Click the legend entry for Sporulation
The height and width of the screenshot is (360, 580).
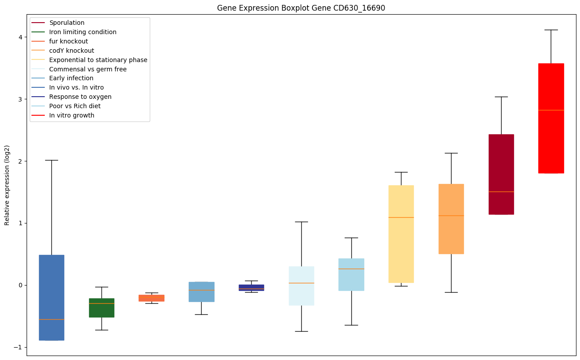pyautogui.click(x=67, y=23)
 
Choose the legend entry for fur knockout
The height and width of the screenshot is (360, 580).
pyautogui.click(x=69, y=41)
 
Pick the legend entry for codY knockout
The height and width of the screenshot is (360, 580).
pyautogui.click(x=71, y=51)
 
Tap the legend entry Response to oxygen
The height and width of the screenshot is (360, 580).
pyautogui.click(x=80, y=97)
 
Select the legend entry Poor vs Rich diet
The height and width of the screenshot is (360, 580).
pyautogui.click(x=75, y=106)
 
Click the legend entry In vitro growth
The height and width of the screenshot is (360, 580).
pyautogui.click(x=72, y=115)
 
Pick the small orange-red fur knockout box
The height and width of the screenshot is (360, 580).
pyautogui.click(x=152, y=298)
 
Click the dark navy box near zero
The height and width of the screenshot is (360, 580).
pyautogui.click(x=251, y=287)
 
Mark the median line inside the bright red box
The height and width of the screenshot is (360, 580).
pyautogui.click(x=551, y=110)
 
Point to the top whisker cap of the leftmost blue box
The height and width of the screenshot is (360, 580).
pyautogui.click(x=51, y=160)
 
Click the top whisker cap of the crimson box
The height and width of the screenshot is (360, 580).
pyautogui.click(x=501, y=97)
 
